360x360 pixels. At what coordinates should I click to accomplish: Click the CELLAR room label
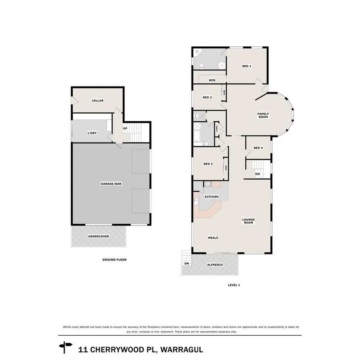[97, 101]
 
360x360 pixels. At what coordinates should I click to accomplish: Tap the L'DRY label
[92, 133]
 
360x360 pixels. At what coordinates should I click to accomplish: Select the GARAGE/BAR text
[111, 184]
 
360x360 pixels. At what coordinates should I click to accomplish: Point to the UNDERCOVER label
[98, 236]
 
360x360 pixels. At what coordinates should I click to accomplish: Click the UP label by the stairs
[125, 128]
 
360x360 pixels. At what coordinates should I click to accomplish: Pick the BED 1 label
[247, 66]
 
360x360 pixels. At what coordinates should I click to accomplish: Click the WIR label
[212, 80]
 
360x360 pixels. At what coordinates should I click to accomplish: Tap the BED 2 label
[207, 97]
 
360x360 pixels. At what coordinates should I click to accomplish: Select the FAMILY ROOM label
[263, 115]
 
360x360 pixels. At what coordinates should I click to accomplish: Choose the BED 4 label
[258, 148]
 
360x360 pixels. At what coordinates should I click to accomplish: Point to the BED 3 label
[208, 164]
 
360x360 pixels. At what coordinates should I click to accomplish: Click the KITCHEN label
[212, 197]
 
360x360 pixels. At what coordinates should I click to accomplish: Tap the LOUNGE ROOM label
[248, 221]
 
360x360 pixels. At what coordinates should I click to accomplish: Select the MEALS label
[213, 238]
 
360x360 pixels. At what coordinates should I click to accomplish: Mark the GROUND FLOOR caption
[114, 260]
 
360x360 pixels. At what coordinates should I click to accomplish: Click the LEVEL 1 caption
[234, 285]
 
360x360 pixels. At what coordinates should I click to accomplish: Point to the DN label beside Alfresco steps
[187, 263]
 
